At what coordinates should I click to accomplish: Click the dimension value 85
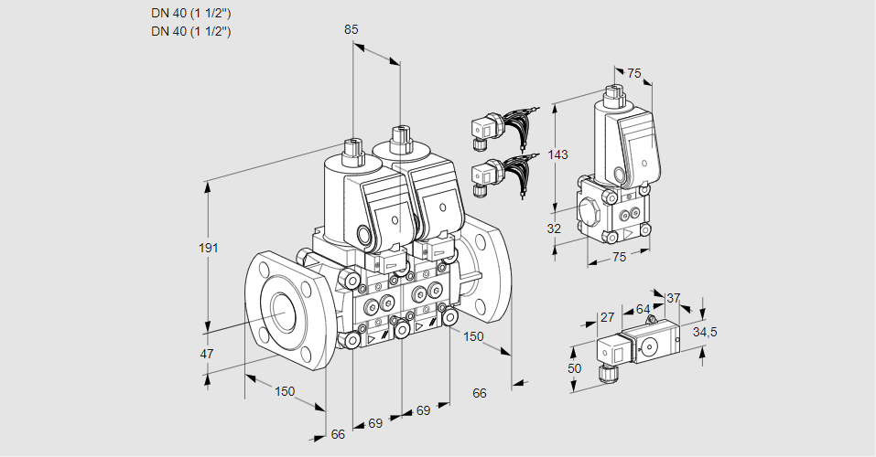coord(351,29)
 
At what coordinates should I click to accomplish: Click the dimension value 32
coord(554,228)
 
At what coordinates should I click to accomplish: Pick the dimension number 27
coord(607,317)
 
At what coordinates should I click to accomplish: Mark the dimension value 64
coord(643,310)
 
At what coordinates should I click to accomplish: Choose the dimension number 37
coord(673,298)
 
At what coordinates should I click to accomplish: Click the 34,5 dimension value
coord(704,332)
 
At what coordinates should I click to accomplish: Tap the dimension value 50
coord(574,367)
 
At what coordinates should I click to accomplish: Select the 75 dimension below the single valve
coord(619,258)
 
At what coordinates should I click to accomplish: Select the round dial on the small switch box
coord(651,346)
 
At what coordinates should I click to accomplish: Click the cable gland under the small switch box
coord(604,372)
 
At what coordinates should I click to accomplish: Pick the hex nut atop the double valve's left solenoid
coord(352,146)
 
